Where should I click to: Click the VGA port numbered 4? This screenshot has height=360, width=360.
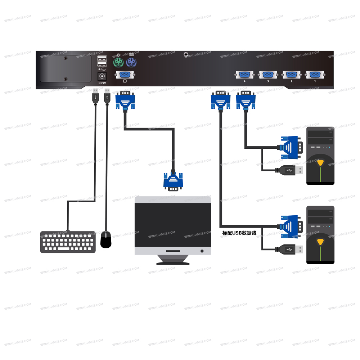click(244, 75)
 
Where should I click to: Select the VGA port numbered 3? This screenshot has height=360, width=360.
click(268, 75)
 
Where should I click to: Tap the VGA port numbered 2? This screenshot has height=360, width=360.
click(291, 75)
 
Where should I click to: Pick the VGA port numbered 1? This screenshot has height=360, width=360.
click(315, 75)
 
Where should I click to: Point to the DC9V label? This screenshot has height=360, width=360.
click(103, 83)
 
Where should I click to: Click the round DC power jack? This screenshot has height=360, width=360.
click(103, 76)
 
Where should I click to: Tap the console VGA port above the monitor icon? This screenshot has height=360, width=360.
click(125, 75)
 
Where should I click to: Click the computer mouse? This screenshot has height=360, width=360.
click(106, 239)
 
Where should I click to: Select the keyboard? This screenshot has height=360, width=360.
click(68, 242)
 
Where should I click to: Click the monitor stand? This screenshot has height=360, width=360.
click(173, 260)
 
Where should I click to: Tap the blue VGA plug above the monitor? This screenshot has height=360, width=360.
click(173, 181)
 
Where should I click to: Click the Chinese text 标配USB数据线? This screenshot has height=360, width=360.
click(239, 233)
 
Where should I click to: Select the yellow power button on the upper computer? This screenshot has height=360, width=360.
click(320, 162)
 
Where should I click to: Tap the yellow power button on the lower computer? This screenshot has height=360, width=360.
click(320, 241)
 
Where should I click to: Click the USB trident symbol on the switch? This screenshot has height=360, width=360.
click(102, 69)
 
